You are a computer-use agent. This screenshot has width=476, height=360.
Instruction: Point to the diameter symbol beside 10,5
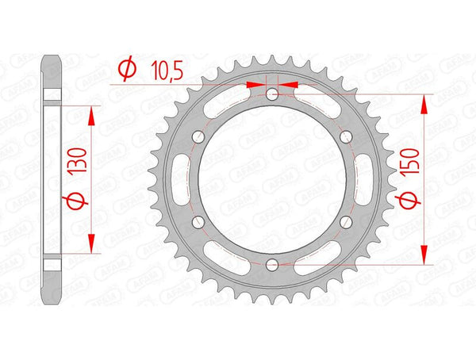125,71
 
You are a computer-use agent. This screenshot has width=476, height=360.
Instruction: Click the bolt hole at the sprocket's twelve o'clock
272,95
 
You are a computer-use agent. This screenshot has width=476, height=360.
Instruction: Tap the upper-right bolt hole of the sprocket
345,138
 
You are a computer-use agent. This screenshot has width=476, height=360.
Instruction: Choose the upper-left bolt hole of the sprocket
199,138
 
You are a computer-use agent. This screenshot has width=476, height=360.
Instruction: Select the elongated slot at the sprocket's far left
181,179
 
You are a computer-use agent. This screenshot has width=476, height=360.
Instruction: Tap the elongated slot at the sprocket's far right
363,179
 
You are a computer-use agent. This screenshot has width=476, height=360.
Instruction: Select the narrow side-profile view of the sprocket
52,179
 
